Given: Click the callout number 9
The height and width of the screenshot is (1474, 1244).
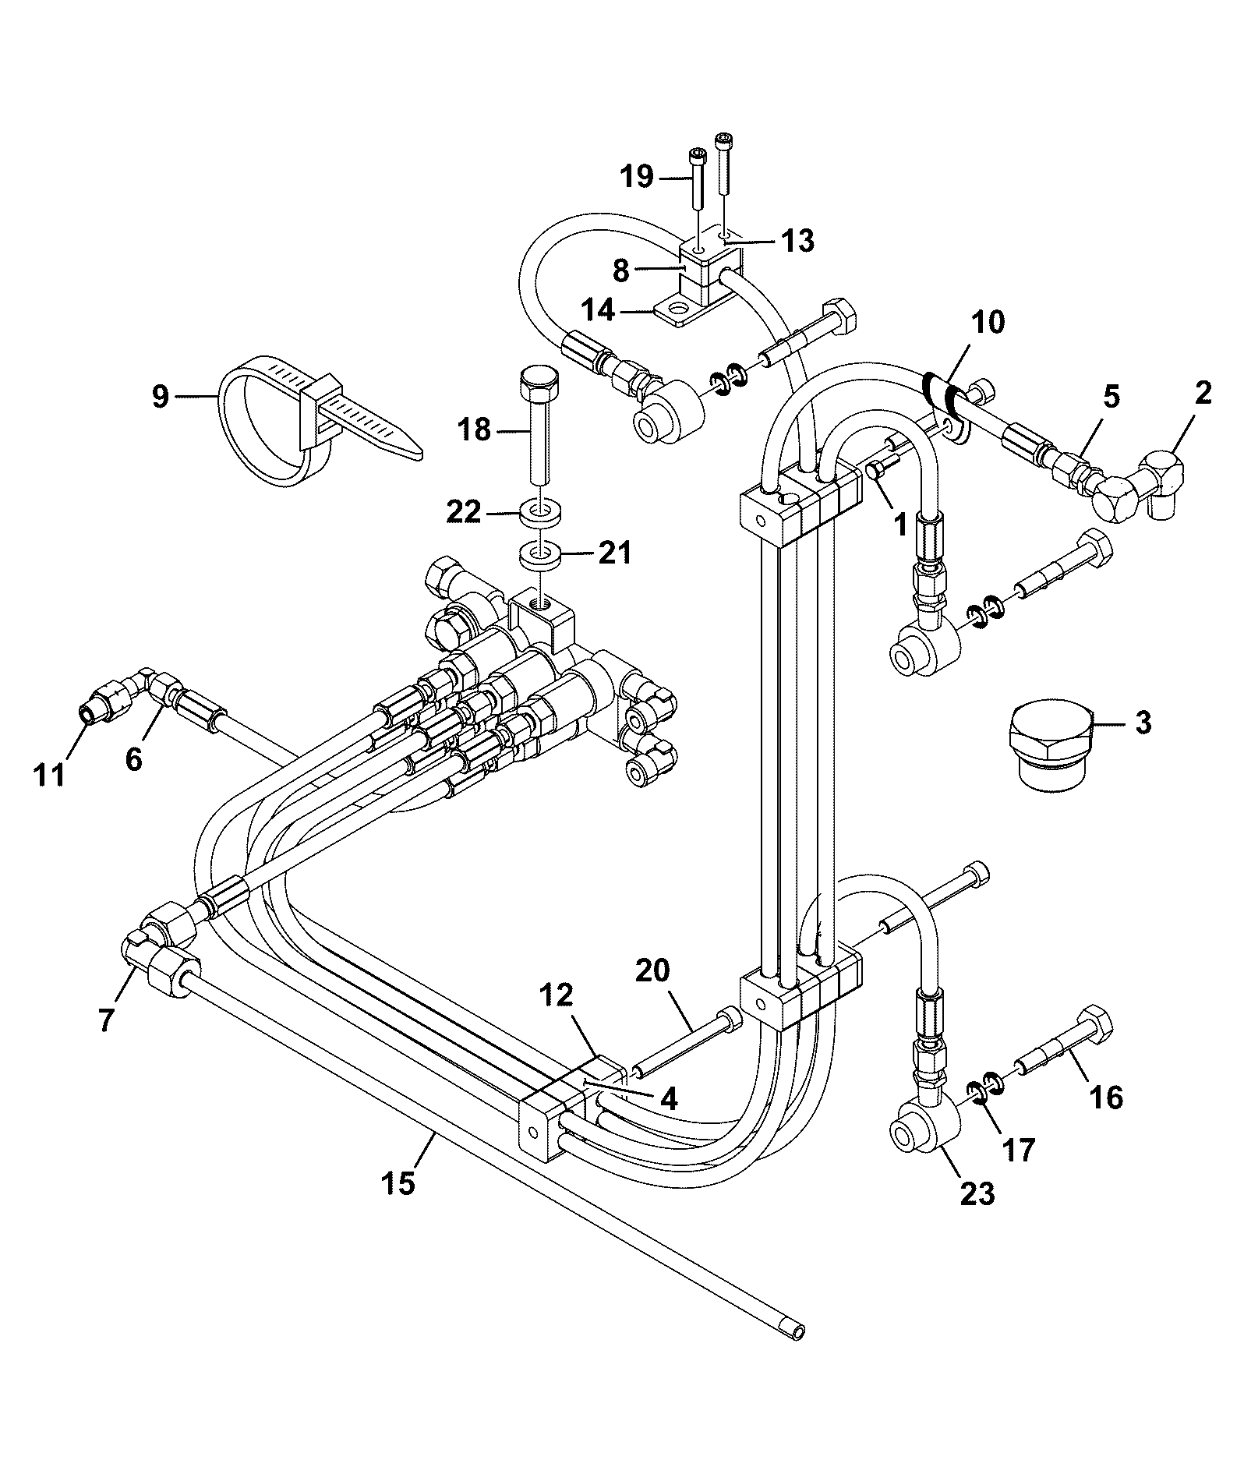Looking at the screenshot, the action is click(160, 397).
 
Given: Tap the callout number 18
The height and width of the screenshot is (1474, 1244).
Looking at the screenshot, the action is click(475, 429).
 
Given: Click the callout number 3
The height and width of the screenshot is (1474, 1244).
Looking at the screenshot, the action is click(1142, 723).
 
